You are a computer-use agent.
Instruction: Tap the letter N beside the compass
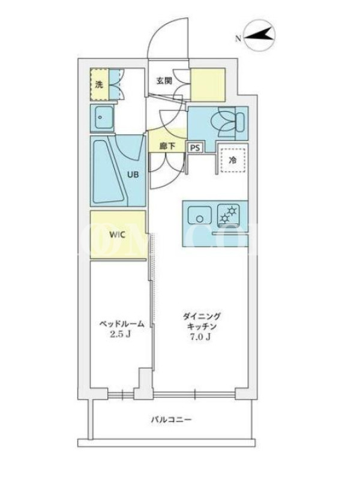click(x=238, y=38)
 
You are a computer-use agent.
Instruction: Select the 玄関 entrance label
click(x=164, y=81)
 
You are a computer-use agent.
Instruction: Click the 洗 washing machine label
click(x=99, y=85)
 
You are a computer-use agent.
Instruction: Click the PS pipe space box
click(x=195, y=148)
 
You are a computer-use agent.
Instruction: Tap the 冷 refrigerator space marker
click(x=233, y=160)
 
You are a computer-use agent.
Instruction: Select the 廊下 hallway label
click(x=167, y=146)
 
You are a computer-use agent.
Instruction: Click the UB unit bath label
click(x=133, y=175)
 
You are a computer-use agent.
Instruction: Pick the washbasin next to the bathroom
click(x=103, y=117)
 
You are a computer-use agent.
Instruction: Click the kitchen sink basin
click(x=200, y=215)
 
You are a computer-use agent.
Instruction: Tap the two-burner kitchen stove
click(x=229, y=215)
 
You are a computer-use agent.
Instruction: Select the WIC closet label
click(x=117, y=235)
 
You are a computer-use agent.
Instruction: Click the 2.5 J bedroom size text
click(x=121, y=334)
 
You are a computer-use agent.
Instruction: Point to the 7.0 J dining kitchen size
click(x=200, y=337)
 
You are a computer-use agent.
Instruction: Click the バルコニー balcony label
click(x=172, y=419)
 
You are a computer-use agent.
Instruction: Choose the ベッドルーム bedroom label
click(x=122, y=323)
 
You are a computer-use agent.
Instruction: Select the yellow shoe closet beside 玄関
click(x=208, y=85)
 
